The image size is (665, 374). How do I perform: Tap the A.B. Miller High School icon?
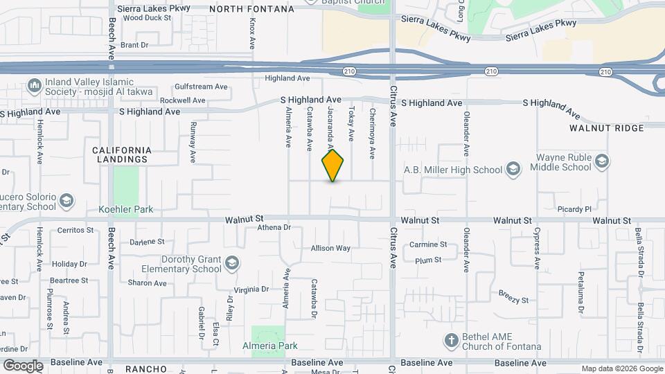coord(513,170)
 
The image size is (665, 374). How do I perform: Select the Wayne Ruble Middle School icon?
coord(601,162)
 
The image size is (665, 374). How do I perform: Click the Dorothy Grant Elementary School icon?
coord(233,263)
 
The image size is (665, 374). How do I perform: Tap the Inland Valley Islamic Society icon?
coord(34,87)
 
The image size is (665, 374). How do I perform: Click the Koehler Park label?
coord(125,209)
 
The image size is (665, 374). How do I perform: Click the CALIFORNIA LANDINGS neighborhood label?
coord(121,154)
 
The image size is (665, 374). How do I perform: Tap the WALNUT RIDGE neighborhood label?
coord(598,128)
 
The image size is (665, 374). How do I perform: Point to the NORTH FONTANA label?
coord(251,9)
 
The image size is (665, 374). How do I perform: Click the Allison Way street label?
coord(330,248)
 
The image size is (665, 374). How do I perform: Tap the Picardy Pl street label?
coord(572,208)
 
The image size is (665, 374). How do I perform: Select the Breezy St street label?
coord(513,301)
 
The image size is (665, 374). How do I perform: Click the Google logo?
coord(22,366)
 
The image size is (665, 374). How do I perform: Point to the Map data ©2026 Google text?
coord(621,368)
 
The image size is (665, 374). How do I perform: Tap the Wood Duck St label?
coord(147,18)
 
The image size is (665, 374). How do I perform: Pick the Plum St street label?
coord(428,260)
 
